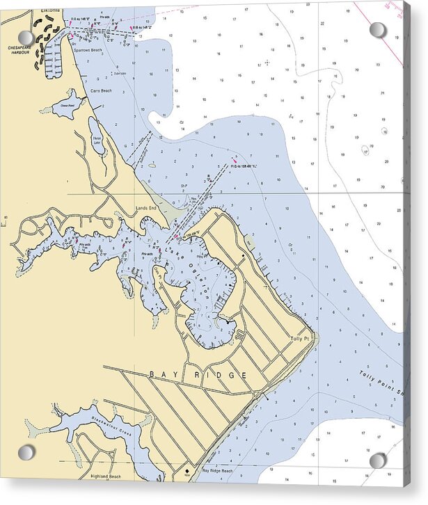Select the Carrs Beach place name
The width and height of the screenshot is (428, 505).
point(101,91)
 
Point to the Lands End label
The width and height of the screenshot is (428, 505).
point(147,208)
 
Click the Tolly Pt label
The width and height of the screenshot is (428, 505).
point(300,339)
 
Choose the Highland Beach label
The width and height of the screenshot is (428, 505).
point(105,476)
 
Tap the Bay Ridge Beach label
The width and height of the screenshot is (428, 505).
point(217,471)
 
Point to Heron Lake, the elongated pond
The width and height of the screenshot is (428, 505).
point(97,139)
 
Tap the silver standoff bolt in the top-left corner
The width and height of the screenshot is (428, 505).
point(26,37)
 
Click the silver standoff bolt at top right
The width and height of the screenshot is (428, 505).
point(377,30)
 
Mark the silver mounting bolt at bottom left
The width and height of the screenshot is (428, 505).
point(26,453)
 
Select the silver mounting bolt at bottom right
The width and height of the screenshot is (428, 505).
point(377,460)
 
